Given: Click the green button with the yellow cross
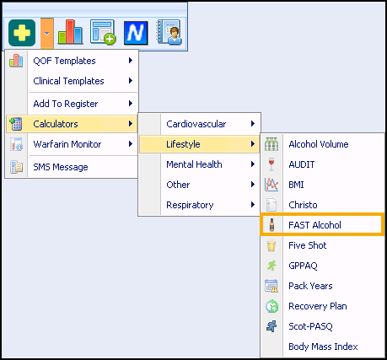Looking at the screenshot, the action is [x=22, y=33].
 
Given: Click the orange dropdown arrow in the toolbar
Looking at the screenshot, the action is [x=47, y=33].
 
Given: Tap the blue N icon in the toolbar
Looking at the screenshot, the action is [x=136, y=33].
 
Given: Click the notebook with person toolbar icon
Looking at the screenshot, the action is [x=169, y=32].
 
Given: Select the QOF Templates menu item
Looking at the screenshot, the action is [x=64, y=61].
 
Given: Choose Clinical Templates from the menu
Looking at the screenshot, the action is [x=68, y=81].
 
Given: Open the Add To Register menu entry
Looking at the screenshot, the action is [x=66, y=104].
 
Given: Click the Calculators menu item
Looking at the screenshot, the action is [x=56, y=124].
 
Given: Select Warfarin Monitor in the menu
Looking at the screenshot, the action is [x=67, y=144].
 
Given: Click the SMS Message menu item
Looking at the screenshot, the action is [x=61, y=167].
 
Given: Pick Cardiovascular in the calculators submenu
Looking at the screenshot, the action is [x=196, y=124].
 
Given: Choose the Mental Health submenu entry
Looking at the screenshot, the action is [x=194, y=164].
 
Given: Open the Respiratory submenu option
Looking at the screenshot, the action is [x=190, y=205].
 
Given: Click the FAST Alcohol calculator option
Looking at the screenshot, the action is [x=314, y=225].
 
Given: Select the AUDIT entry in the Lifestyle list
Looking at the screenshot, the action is [x=302, y=164].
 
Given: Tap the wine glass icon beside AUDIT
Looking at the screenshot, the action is [x=271, y=164].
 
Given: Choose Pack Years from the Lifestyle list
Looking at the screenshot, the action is [x=310, y=286].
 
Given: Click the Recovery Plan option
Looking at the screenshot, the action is [x=318, y=306].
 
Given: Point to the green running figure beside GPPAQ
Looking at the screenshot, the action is [x=271, y=266].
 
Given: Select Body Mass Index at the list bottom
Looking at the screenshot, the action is [x=323, y=347].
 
